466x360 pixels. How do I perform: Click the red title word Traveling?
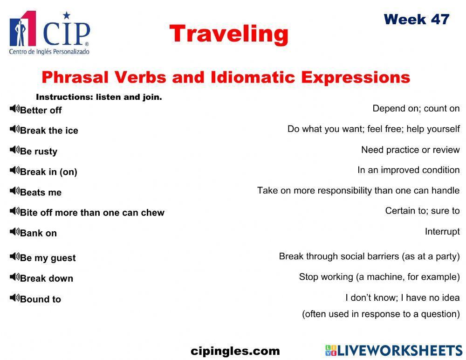(229, 34)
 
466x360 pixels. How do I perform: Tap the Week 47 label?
(416, 20)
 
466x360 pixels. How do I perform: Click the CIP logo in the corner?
(49, 33)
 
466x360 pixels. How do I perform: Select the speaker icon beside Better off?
(14, 109)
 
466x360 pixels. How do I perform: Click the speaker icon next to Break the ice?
(14, 129)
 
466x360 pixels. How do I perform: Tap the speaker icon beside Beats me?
(14, 191)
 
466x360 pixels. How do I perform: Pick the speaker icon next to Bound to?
(14, 298)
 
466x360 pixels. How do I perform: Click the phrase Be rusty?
(39, 151)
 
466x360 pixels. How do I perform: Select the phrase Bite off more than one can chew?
(92, 213)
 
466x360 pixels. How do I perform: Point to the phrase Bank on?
(38, 233)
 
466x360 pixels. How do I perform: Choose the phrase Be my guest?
(48, 258)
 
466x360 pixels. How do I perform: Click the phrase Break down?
(47, 278)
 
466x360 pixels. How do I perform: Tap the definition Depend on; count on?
(416, 109)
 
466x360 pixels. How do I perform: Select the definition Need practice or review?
(410, 150)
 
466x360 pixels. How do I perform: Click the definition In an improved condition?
(408, 170)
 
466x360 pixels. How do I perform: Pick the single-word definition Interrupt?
(442, 232)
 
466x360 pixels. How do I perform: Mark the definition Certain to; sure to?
(422, 211)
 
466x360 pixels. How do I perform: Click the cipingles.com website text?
(235, 351)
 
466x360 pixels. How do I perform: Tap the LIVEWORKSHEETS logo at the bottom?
(393, 351)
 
